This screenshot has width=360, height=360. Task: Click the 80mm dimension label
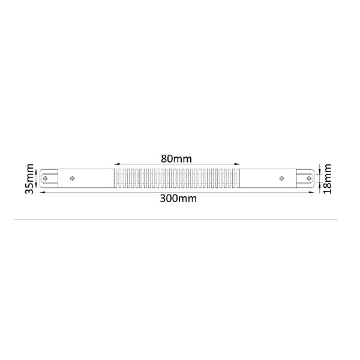pos(176,158)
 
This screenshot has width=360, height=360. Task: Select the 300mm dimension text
pos(178,199)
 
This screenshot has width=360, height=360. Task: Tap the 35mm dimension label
pos(29,179)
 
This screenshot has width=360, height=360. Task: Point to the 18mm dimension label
pos(327,179)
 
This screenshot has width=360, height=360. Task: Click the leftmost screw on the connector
pos(45,178)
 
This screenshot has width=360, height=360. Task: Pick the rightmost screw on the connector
pos(309,178)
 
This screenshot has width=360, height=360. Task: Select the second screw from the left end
pos(72,178)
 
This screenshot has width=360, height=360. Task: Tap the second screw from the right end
pos(282,178)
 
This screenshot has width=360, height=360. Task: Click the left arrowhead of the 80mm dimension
pos(116,164)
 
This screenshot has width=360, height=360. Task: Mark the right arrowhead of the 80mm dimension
pos(237,164)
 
